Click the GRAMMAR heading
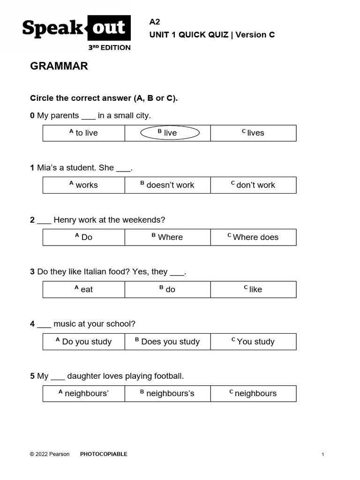[x=59, y=66]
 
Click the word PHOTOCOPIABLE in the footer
[x=104, y=454]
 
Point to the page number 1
[x=323, y=455]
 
